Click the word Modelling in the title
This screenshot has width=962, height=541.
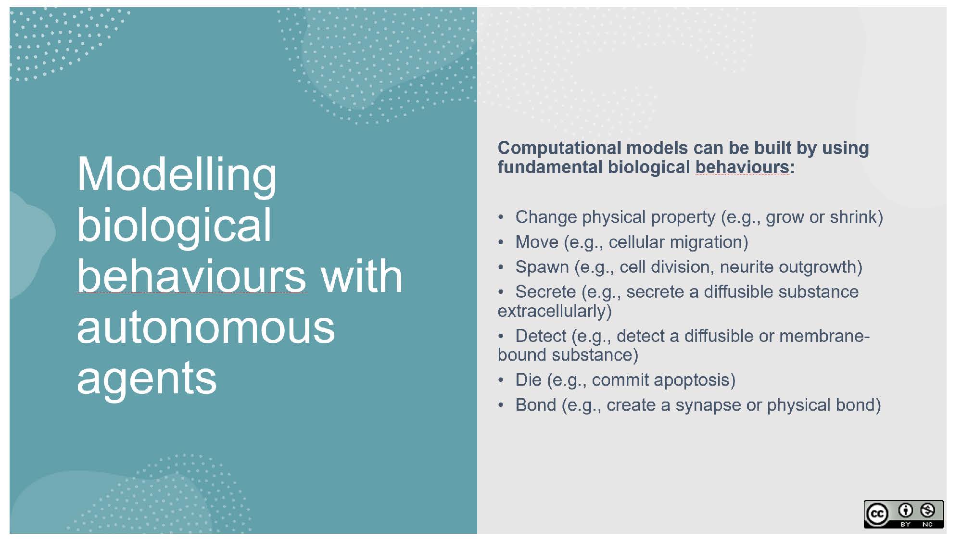coord(177,175)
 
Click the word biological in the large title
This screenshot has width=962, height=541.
coord(174,226)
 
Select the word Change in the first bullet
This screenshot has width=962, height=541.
coord(546,218)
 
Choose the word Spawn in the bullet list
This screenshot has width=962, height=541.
coord(542,267)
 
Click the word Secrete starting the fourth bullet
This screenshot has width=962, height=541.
coord(545,291)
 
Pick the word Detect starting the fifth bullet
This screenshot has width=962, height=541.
coord(541,336)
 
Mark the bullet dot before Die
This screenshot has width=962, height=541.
coord(501,380)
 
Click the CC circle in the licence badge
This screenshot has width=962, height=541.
coord(877,514)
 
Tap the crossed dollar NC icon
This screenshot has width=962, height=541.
coord(927,510)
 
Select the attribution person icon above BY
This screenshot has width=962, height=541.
coord(905,510)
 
